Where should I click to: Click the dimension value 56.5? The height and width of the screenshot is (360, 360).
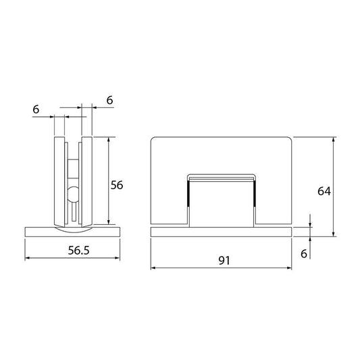[x=78, y=251]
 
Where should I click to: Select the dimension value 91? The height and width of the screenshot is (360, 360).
[x=224, y=260]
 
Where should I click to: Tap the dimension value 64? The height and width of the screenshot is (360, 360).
[x=324, y=191]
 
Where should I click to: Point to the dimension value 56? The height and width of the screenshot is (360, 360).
[x=117, y=185]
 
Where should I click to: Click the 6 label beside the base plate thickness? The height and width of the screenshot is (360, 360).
[x=304, y=254]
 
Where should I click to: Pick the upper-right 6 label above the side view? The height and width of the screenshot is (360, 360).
[x=109, y=101]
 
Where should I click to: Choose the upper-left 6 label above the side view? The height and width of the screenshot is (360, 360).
[x=36, y=109]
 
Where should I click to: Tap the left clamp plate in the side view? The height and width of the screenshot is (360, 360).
[x=59, y=182]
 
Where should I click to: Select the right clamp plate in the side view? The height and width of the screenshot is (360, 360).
[x=86, y=182]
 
